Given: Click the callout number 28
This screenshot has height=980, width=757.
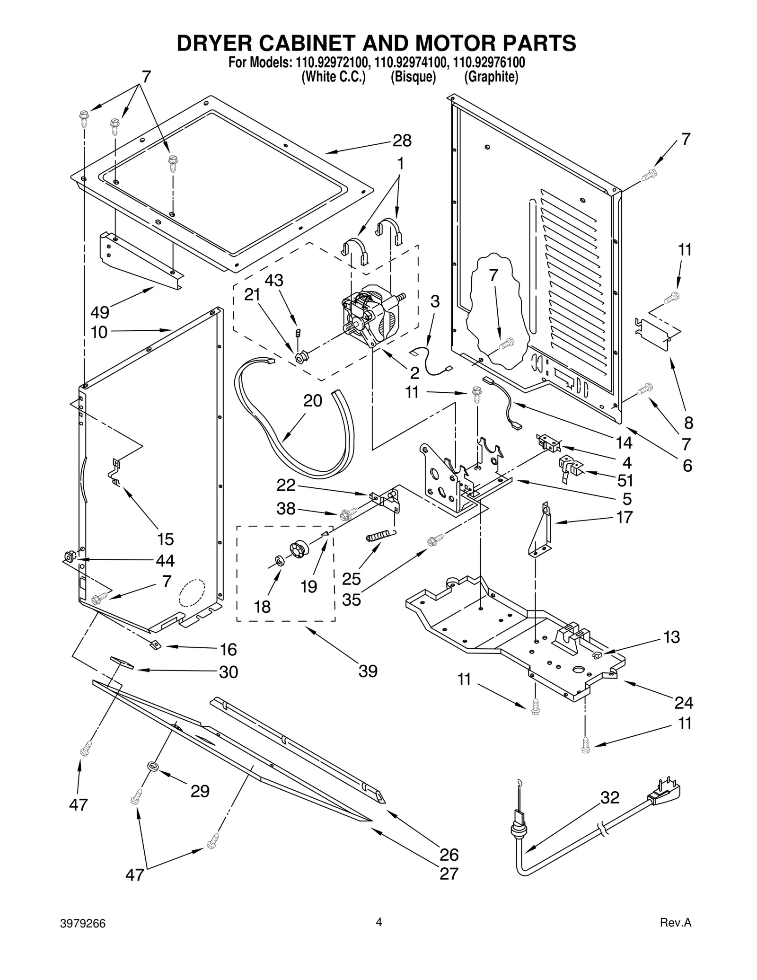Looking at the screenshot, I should (402, 141).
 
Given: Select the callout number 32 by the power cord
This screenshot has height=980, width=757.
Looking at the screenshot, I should (610, 798).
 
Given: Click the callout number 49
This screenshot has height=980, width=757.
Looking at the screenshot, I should (100, 312).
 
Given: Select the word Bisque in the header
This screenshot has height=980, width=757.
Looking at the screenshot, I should (413, 77).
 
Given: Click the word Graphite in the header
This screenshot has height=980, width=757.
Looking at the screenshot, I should (491, 77).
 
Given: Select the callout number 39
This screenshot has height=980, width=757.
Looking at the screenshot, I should (368, 671).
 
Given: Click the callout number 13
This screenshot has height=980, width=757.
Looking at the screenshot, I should (671, 637).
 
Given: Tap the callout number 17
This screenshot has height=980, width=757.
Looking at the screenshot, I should (625, 517).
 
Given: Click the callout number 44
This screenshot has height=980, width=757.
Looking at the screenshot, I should (165, 561).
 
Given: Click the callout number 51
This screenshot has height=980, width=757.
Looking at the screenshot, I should (625, 481).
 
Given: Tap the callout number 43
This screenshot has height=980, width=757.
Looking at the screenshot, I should (273, 280).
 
